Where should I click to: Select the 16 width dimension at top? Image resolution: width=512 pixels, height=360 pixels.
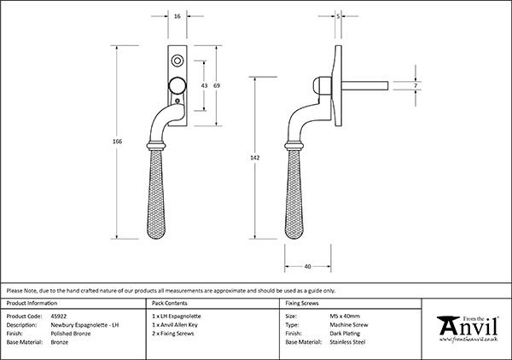[177, 16]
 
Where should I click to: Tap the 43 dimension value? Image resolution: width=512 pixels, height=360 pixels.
[204, 86]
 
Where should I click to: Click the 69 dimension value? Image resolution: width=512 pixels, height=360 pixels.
[218, 86]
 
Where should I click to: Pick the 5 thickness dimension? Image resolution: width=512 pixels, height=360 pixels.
[339, 16]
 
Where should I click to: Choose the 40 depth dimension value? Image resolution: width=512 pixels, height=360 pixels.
[306, 265]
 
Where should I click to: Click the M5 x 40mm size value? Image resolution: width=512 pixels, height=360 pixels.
[346, 316]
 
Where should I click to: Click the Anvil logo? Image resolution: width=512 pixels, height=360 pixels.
[468, 328]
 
